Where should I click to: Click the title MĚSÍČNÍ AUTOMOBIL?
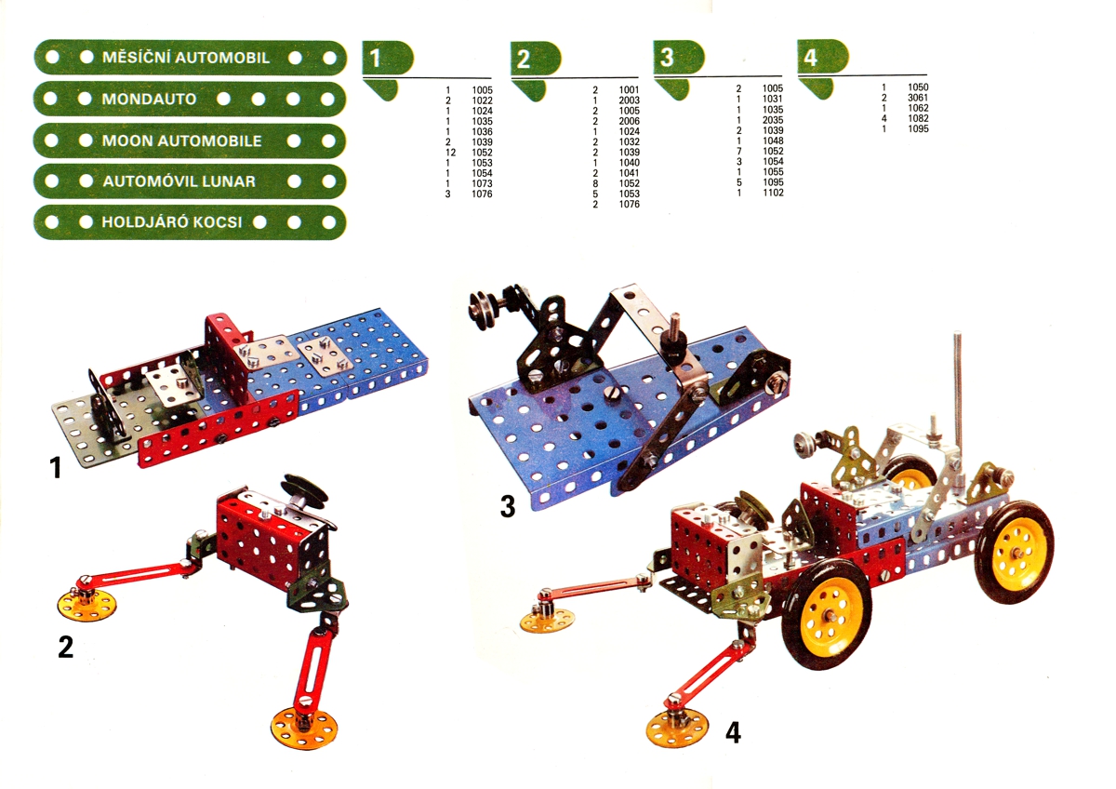(186, 58)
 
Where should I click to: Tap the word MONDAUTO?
(149, 100)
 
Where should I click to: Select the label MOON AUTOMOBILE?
(182, 141)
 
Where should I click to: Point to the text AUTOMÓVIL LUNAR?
(179, 181)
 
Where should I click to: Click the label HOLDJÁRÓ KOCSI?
(172, 222)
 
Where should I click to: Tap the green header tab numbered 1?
(388, 58)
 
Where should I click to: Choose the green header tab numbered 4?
(822, 57)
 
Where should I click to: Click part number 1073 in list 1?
(482, 183)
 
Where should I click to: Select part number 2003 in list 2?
(630, 100)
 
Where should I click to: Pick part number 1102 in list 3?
(773, 193)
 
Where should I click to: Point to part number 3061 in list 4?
(918, 98)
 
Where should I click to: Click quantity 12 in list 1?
(450, 153)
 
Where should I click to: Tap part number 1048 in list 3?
(773, 140)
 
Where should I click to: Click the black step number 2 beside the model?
(66, 648)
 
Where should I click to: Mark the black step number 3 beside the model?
(507, 506)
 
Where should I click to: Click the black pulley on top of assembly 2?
(305, 489)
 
